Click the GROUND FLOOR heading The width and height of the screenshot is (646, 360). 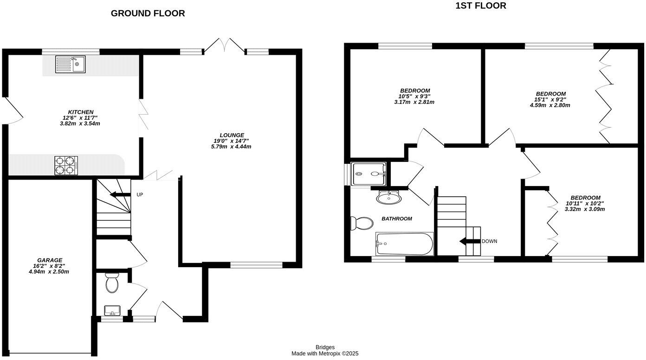tap(148, 13)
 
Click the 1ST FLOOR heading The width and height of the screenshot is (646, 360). tap(480, 6)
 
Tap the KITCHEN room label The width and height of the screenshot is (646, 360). tap(81, 112)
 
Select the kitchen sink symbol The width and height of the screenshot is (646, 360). tap(70, 64)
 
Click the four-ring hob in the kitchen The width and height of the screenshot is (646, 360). tap(66, 165)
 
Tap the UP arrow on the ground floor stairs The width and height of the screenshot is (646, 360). tap(122, 195)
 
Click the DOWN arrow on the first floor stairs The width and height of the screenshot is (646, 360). tap(470, 241)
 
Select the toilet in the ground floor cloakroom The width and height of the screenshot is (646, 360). tap(112, 283)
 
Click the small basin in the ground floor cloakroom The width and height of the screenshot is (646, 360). tap(112, 310)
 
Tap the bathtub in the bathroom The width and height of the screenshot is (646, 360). tap(404, 244)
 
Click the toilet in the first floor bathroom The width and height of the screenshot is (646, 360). tap(361, 224)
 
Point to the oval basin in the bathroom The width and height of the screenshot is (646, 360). tap(388, 198)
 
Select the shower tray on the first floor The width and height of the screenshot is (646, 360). tap(369, 174)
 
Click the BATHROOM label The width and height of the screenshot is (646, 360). tap(396, 219)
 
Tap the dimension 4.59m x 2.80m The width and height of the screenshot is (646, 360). tap(549, 105)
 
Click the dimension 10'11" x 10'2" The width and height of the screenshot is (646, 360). tap(584, 203)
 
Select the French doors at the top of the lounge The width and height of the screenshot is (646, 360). tap(225, 45)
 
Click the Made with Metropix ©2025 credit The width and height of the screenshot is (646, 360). tap(325, 354)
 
